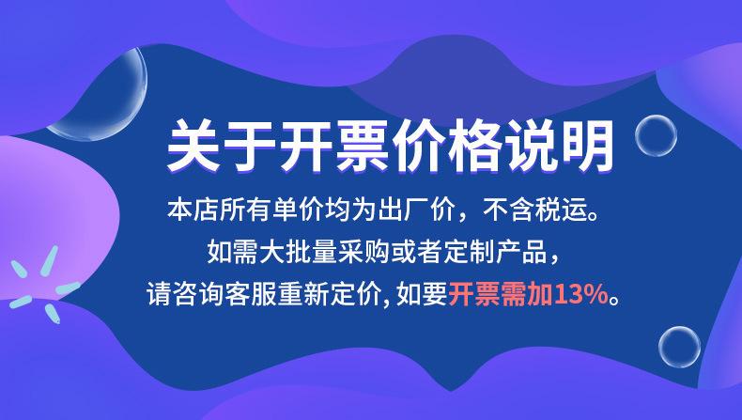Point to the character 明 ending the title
pos(587,145)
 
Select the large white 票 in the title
pos(363,145)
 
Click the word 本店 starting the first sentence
pos(193,210)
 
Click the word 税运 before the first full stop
pos(561,210)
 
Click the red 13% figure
pos(581,294)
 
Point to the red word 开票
pos(474,293)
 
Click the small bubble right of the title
pos(656,135)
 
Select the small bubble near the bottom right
pos(679,347)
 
